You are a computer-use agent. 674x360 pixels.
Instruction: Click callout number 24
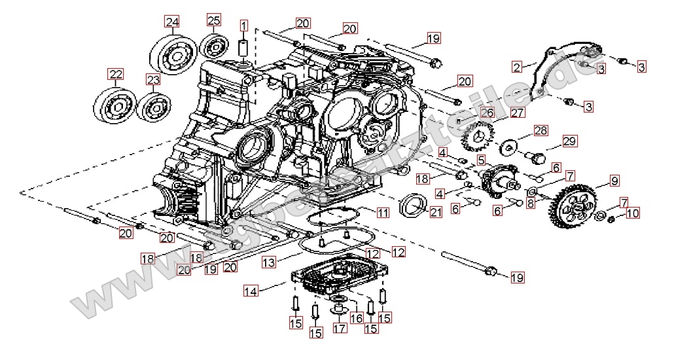172,22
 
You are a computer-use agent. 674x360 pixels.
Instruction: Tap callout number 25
214,20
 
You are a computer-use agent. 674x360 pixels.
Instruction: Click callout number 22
116,74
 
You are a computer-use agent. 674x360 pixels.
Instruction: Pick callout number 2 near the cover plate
517,66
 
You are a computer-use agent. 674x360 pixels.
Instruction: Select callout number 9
614,180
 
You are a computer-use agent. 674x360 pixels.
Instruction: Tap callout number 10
632,213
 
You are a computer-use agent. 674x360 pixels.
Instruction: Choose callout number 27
518,113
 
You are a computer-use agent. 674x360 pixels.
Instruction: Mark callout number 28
540,130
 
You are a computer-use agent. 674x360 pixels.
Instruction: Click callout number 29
569,141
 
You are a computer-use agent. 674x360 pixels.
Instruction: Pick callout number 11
382,213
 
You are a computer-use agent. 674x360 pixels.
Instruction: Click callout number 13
268,262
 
